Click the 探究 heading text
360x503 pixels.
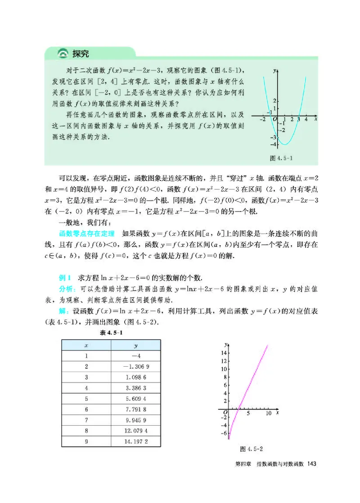pyautogui.click(x=81, y=54)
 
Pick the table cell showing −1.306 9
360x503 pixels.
pyautogui.click(x=135, y=367)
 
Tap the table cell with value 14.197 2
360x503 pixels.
pyautogui.click(x=135, y=442)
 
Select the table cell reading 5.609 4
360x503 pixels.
pyautogui.click(x=135, y=399)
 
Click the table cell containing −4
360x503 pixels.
pyautogui.click(x=135, y=355)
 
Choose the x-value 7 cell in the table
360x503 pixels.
pyautogui.click(x=86, y=420)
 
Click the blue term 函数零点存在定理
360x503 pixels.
pyautogui.click(x=85, y=234)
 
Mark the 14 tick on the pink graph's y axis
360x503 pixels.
pyautogui.click(x=223, y=353)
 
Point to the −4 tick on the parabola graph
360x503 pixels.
pyautogui.click(x=273, y=144)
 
